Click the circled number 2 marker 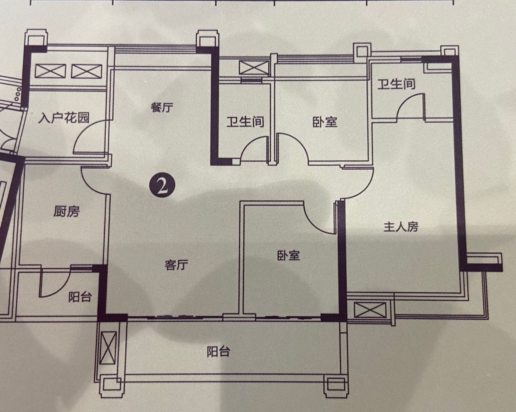[x=162, y=185]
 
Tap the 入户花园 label [x=64, y=118]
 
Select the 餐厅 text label [x=162, y=108]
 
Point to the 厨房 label [x=66, y=212]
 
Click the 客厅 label [x=177, y=265]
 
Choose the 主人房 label [x=401, y=227]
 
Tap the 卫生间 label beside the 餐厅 [x=245, y=122]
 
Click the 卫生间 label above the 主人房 [x=396, y=84]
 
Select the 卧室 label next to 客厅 [x=289, y=256]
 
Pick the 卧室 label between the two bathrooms [x=325, y=122]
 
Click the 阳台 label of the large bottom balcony [x=219, y=352]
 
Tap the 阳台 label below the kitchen [x=80, y=297]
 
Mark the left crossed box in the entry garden [x=50, y=71]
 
